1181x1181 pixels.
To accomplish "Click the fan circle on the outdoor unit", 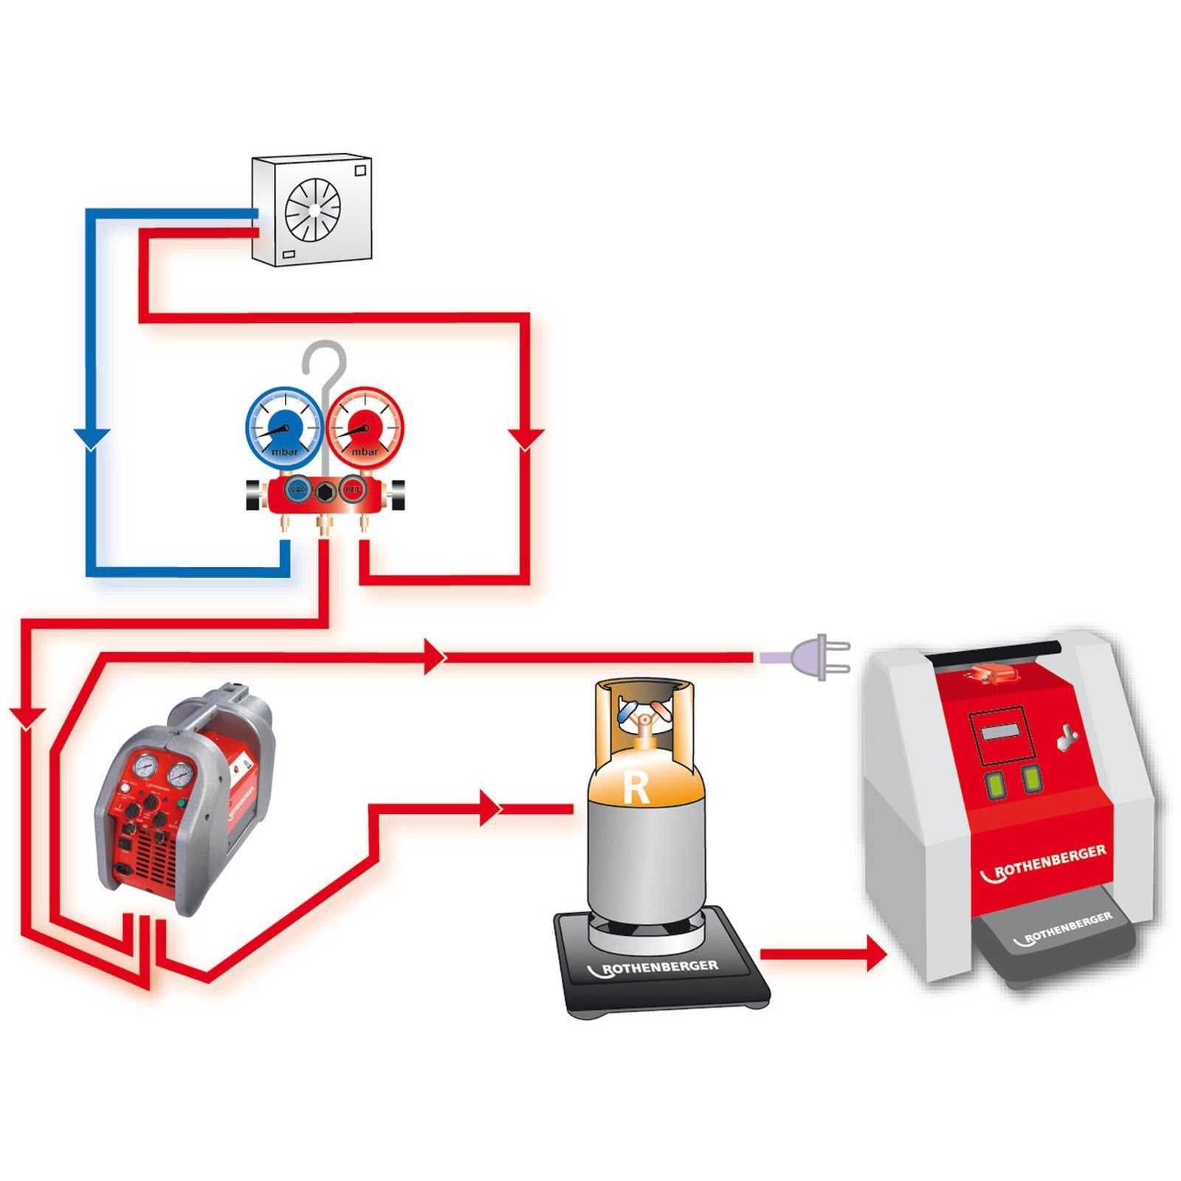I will point(313,209).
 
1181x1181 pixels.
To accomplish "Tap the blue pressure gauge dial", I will point(283,427).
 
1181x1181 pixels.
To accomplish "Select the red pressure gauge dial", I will point(365,427).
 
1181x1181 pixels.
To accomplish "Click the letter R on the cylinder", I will point(636,788).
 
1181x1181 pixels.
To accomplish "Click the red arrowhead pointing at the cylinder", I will point(490,808).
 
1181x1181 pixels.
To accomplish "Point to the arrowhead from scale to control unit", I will point(875,954).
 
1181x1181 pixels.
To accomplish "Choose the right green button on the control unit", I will point(1030,777).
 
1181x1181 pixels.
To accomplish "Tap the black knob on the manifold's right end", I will point(397,495).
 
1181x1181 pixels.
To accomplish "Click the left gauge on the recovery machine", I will point(145,767).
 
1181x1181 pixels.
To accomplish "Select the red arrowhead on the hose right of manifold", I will point(526,438).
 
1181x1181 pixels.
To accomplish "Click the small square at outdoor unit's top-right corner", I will point(360,171).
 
